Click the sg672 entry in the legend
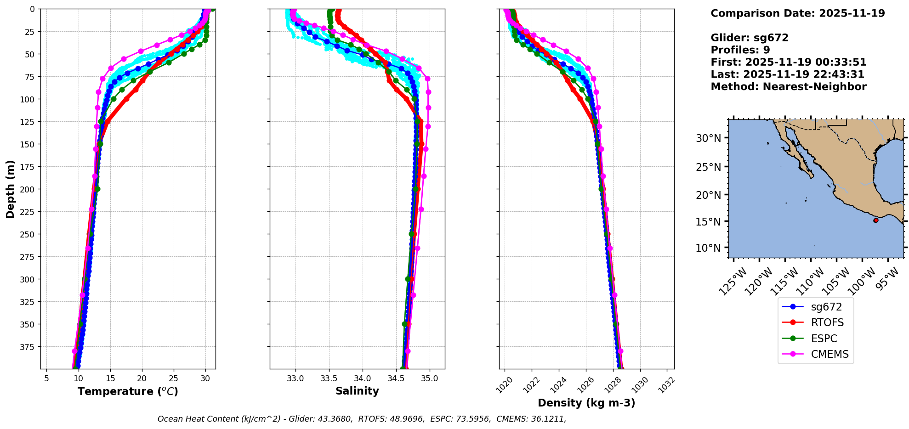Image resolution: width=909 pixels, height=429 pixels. click(x=826, y=307)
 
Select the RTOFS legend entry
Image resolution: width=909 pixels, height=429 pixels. click(x=827, y=322)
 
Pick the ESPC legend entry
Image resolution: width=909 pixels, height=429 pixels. click(x=824, y=339)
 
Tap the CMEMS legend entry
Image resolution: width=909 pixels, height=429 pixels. click(x=829, y=354)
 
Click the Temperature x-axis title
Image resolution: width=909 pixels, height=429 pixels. click(x=128, y=391)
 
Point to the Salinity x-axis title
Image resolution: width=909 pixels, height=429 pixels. click(x=357, y=391)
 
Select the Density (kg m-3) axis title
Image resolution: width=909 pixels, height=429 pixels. click(x=586, y=403)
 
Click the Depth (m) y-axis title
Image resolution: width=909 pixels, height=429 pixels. click(x=11, y=189)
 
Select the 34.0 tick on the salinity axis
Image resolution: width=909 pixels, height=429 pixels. click(x=362, y=378)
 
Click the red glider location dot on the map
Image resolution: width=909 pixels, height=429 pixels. click(x=875, y=220)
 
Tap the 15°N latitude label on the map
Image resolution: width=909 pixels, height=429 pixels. click(x=708, y=221)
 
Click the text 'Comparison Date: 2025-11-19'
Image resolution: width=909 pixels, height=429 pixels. click(x=797, y=13)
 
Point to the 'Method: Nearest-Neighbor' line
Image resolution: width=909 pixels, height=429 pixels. click(x=788, y=87)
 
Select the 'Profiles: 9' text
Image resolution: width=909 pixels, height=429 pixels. click(x=740, y=50)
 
